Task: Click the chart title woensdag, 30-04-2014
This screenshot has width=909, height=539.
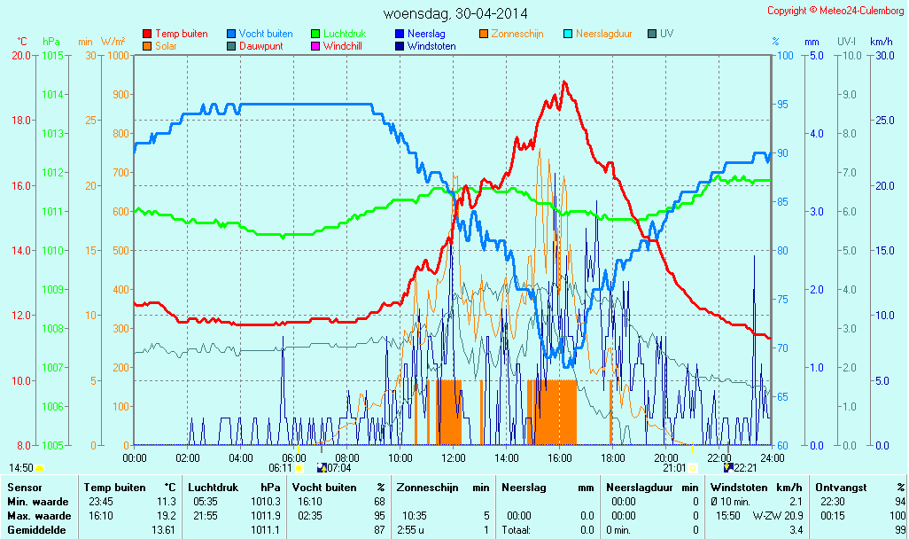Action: tap(454, 13)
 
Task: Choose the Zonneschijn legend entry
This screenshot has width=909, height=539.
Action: tap(517, 34)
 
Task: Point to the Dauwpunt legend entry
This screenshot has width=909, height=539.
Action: tap(260, 46)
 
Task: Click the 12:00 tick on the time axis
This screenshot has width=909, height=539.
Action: tap(454, 457)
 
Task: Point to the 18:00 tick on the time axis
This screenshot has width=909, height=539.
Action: tap(612, 457)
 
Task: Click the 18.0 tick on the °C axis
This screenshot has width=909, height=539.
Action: tap(20, 121)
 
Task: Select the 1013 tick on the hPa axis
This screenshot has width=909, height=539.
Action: tap(52, 134)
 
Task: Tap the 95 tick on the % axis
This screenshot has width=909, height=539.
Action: tap(782, 105)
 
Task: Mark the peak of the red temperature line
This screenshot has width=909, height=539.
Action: tap(563, 82)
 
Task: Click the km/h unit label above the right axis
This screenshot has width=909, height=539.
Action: tap(881, 42)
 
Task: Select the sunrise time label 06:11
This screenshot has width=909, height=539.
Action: tap(280, 467)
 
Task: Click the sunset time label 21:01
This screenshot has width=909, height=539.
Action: tap(674, 467)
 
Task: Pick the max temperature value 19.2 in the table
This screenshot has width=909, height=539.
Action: tap(164, 516)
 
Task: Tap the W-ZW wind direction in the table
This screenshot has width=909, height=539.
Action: tap(765, 516)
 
